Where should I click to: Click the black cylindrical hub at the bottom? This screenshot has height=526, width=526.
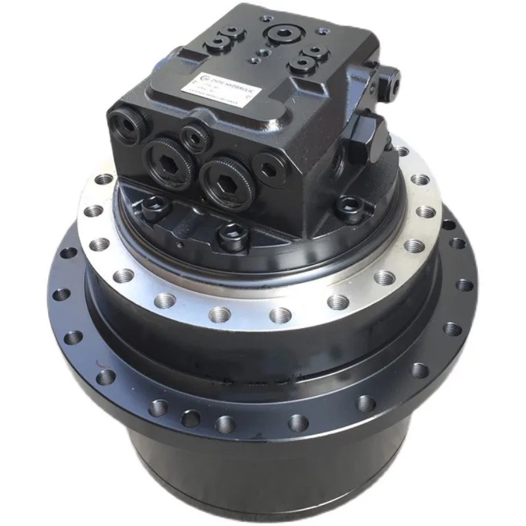pyautogui.click(x=276, y=473)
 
